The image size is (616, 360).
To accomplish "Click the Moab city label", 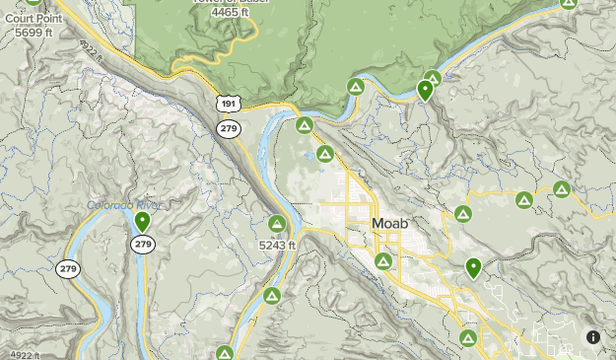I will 390,225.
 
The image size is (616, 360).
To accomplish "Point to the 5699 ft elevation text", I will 34,33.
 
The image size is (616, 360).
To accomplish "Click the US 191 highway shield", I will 229,105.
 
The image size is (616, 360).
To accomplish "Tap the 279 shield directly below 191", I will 229,128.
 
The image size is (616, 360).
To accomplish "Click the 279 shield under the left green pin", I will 143,244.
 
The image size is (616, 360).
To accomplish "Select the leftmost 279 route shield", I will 68,268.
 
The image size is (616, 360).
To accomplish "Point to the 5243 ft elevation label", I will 277,245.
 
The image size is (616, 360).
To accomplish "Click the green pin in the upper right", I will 425,90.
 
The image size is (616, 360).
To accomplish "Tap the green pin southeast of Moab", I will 473,266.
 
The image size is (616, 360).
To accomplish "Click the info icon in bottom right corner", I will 593,337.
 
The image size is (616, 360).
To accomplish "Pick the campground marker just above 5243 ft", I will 277,225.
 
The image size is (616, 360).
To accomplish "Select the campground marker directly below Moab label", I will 382,261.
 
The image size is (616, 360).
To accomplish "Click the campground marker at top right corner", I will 568,3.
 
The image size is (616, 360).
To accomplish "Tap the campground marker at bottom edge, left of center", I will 225,353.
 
